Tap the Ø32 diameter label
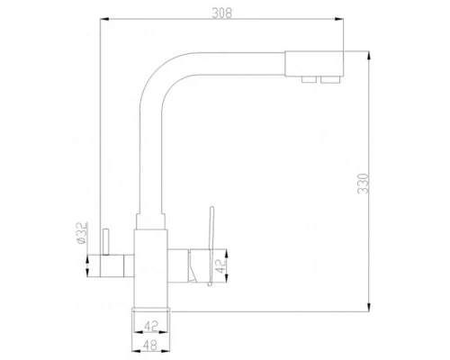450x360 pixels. coord(80,232)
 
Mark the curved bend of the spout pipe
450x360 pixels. coord(157,70)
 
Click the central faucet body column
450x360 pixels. coord(152,270)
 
